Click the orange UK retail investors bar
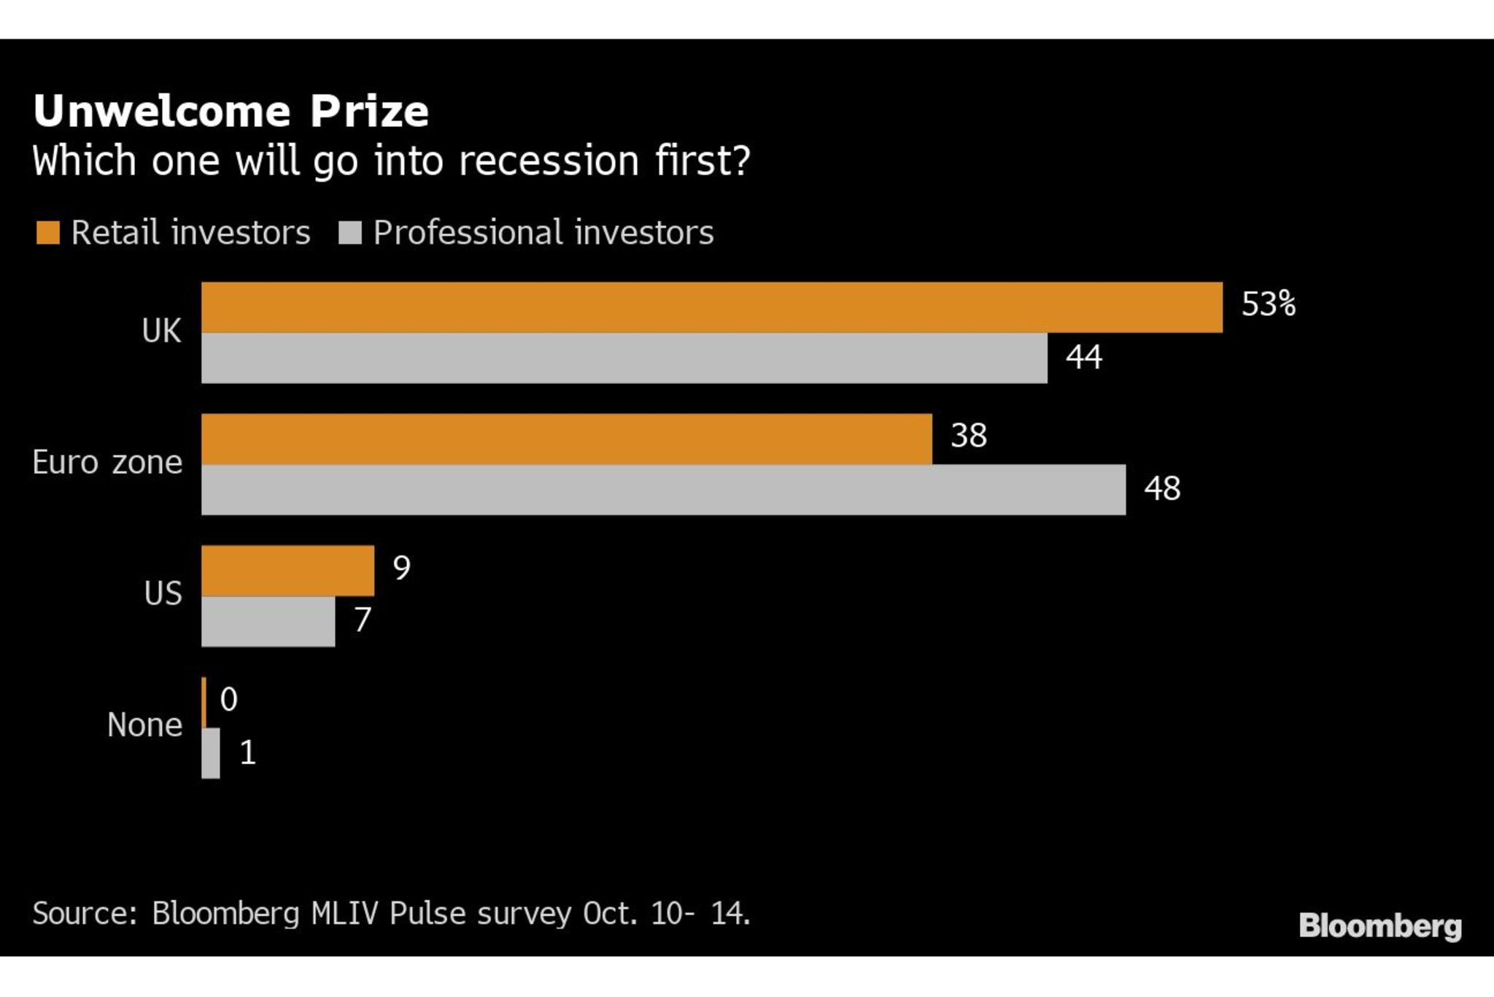[711, 307]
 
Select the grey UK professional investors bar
[624, 358]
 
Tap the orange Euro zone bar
[566, 439]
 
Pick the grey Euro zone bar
[663, 490]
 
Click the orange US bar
[287, 571]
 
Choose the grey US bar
[268, 622]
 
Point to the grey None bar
[211, 753]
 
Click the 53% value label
[1269, 304]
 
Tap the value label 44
[1083, 357]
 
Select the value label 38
[968, 436]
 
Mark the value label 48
[1161, 488]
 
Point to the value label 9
[401, 567]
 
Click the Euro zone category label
[107, 463]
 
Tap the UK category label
[161, 331]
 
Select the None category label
[144, 725]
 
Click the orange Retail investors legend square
[48, 233]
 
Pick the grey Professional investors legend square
[350, 233]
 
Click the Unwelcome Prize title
[231, 111]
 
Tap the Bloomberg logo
[1379, 925]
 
